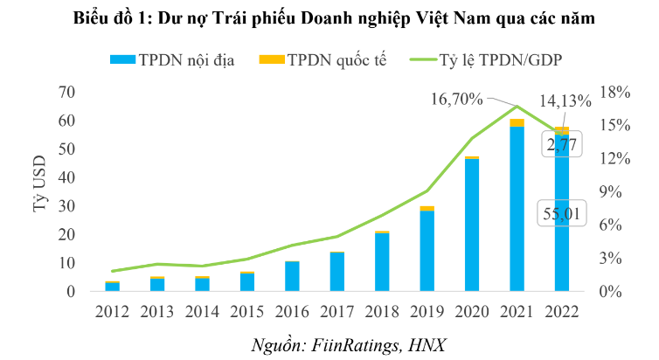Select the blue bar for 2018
coord(381,262)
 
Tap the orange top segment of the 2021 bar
coord(517,122)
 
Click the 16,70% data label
coord(456,99)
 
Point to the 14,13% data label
coord(567,100)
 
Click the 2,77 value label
coord(565,144)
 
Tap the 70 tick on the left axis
coord(66,92)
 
